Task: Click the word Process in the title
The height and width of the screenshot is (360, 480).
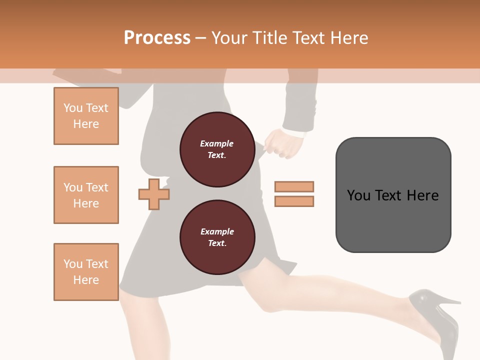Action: pos(157,38)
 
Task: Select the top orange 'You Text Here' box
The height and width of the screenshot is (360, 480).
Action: pos(86,116)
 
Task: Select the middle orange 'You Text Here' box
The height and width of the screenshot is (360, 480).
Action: pos(86,195)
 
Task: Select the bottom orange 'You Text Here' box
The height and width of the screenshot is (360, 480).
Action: pos(86,272)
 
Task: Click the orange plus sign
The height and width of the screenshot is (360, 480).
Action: pos(154,194)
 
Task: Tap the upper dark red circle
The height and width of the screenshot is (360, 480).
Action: pos(217,149)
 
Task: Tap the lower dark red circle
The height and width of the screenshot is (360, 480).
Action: pos(217,237)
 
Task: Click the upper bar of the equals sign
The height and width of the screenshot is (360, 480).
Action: pos(294,186)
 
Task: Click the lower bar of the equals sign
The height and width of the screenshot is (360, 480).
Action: pos(294,201)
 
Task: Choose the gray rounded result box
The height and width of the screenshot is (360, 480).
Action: pos(393,195)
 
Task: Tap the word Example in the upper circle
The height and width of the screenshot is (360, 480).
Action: pos(217,143)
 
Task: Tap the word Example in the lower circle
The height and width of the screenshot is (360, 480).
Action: pos(217,231)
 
